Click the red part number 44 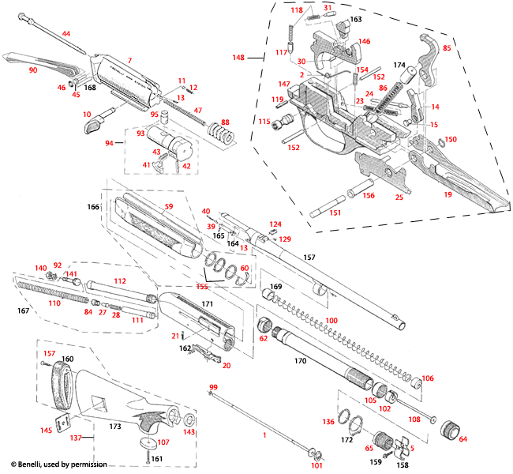pos(66,34)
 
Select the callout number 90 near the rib pos(32,70)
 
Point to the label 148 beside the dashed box pos(238,57)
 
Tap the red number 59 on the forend pos(168,207)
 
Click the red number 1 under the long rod pos(264,435)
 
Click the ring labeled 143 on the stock pos(189,419)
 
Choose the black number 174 pos(399,63)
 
